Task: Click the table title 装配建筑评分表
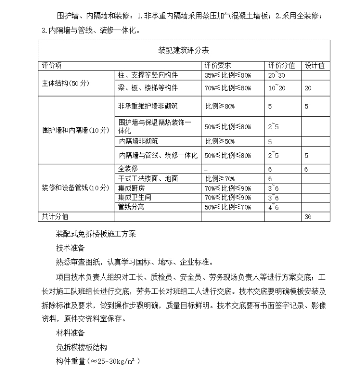(183, 50)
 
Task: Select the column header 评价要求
(217, 66)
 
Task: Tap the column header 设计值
(315, 66)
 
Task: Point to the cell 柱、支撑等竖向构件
(148, 75)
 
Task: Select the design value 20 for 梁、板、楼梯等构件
(308, 88)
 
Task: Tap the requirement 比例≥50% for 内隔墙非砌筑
(220, 141)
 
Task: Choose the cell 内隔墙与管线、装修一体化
(158, 155)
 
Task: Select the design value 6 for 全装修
(306, 169)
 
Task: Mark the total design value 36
(308, 217)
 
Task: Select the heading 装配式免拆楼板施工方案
(96, 235)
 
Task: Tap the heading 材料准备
(70, 333)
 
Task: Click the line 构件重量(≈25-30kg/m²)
(98, 361)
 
